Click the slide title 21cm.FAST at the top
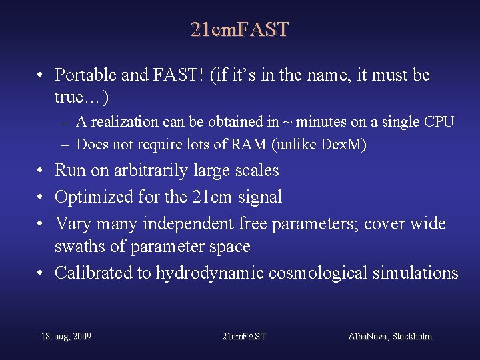point(239,30)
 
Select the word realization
point(123,122)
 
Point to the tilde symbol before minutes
point(288,122)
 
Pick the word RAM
point(225,144)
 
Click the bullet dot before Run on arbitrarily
point(41,171)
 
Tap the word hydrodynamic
point(220,273)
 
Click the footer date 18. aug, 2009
point(66,337)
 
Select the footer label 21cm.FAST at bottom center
point(243,337)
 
